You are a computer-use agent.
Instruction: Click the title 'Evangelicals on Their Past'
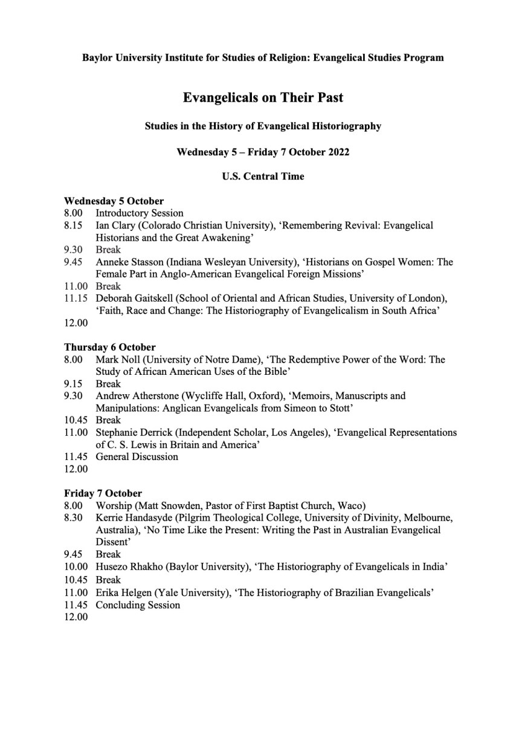263,97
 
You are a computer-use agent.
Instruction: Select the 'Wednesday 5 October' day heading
114,201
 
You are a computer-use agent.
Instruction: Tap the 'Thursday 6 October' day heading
110,347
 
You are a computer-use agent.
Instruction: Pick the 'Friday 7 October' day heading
103,493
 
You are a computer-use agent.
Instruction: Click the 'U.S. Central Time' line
262,177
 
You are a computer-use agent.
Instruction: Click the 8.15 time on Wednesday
73,225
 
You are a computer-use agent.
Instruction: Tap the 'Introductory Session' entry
140,213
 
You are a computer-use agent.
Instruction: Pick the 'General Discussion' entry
137,456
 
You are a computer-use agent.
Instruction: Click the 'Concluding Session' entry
138,605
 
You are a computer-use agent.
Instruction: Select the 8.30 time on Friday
73,518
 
